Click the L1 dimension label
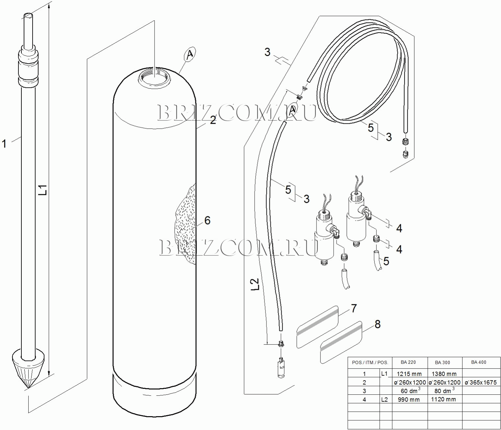(43, 190)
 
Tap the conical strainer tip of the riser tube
(29, 368)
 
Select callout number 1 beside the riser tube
(4, 144)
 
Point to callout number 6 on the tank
(207, 220)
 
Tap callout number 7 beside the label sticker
(354, 308)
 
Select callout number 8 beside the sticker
(377, 324)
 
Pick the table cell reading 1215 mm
(409, 374)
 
